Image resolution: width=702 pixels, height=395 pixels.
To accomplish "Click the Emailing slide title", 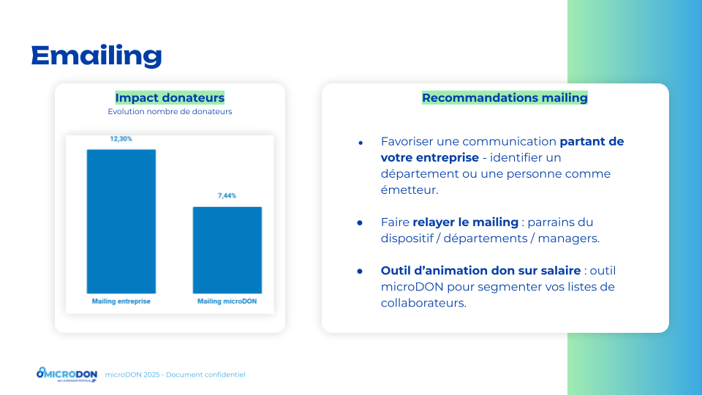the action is [97, 56].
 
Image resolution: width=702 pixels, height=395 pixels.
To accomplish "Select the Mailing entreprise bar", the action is [121, 221].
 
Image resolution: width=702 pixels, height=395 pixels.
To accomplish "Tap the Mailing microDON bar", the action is [227, 250].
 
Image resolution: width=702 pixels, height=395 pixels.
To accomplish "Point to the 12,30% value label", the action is [121, 139].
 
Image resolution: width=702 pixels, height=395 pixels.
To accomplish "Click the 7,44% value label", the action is [227, 196].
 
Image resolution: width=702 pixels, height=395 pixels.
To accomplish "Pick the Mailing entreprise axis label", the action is [121, 301].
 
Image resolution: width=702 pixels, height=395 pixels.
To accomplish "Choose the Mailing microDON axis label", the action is [227, 301].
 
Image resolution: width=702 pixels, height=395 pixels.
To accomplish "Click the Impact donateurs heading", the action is [170, 97].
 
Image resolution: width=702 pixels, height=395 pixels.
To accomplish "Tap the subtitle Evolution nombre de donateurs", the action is [170, 111].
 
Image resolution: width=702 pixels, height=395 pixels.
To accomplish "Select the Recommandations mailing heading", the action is [505, 97].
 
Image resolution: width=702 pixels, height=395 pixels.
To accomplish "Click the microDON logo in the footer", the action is [67, 375].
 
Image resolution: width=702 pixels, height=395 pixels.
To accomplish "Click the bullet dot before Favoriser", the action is [361, 143].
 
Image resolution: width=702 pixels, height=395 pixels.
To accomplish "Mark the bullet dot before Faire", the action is [360, 222].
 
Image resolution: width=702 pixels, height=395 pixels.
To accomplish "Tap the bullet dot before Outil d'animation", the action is [360, 271].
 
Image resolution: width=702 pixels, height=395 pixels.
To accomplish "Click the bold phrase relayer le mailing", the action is [465, 222].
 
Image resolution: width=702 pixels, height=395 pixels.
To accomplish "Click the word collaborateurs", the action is [423, 303].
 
